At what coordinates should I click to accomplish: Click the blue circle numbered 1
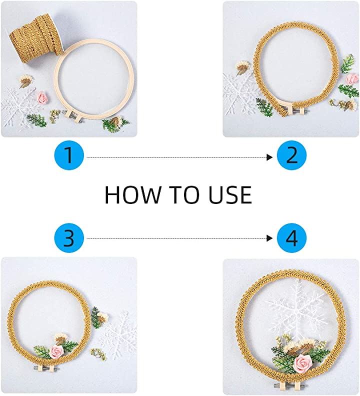tap(69, 155)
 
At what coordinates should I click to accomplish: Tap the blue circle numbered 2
tap(291, 155)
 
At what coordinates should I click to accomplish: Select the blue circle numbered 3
tap(69, 237)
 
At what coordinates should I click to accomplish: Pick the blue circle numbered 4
tap(291, 237)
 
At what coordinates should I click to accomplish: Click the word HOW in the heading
tap(133, 194)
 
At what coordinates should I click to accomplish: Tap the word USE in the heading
tap(230, 194)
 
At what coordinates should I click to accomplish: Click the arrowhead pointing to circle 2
tap(269, 157)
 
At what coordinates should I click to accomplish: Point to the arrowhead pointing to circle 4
tap(269, 238)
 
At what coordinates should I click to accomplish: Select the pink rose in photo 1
tap(42, 98)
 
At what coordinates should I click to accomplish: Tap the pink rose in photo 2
tap(353, 79)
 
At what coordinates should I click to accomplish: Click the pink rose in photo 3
tap(56, 352)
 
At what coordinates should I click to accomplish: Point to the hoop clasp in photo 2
tap(295, 110)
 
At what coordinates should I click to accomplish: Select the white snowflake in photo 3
tap(118, 334)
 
